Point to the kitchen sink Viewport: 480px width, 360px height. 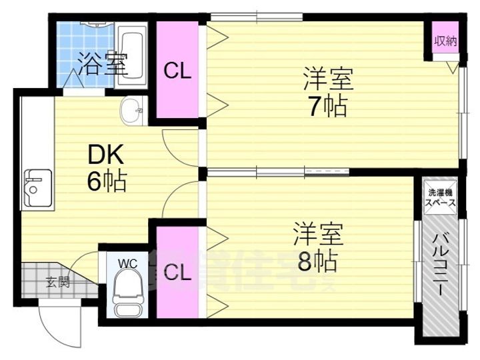37,188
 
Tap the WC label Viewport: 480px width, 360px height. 127,263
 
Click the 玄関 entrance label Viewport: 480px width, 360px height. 57,281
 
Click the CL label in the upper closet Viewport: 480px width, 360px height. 178,71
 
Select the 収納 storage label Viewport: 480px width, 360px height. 445,41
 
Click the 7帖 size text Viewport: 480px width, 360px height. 327,105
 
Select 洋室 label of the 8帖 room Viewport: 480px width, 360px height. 319,235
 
